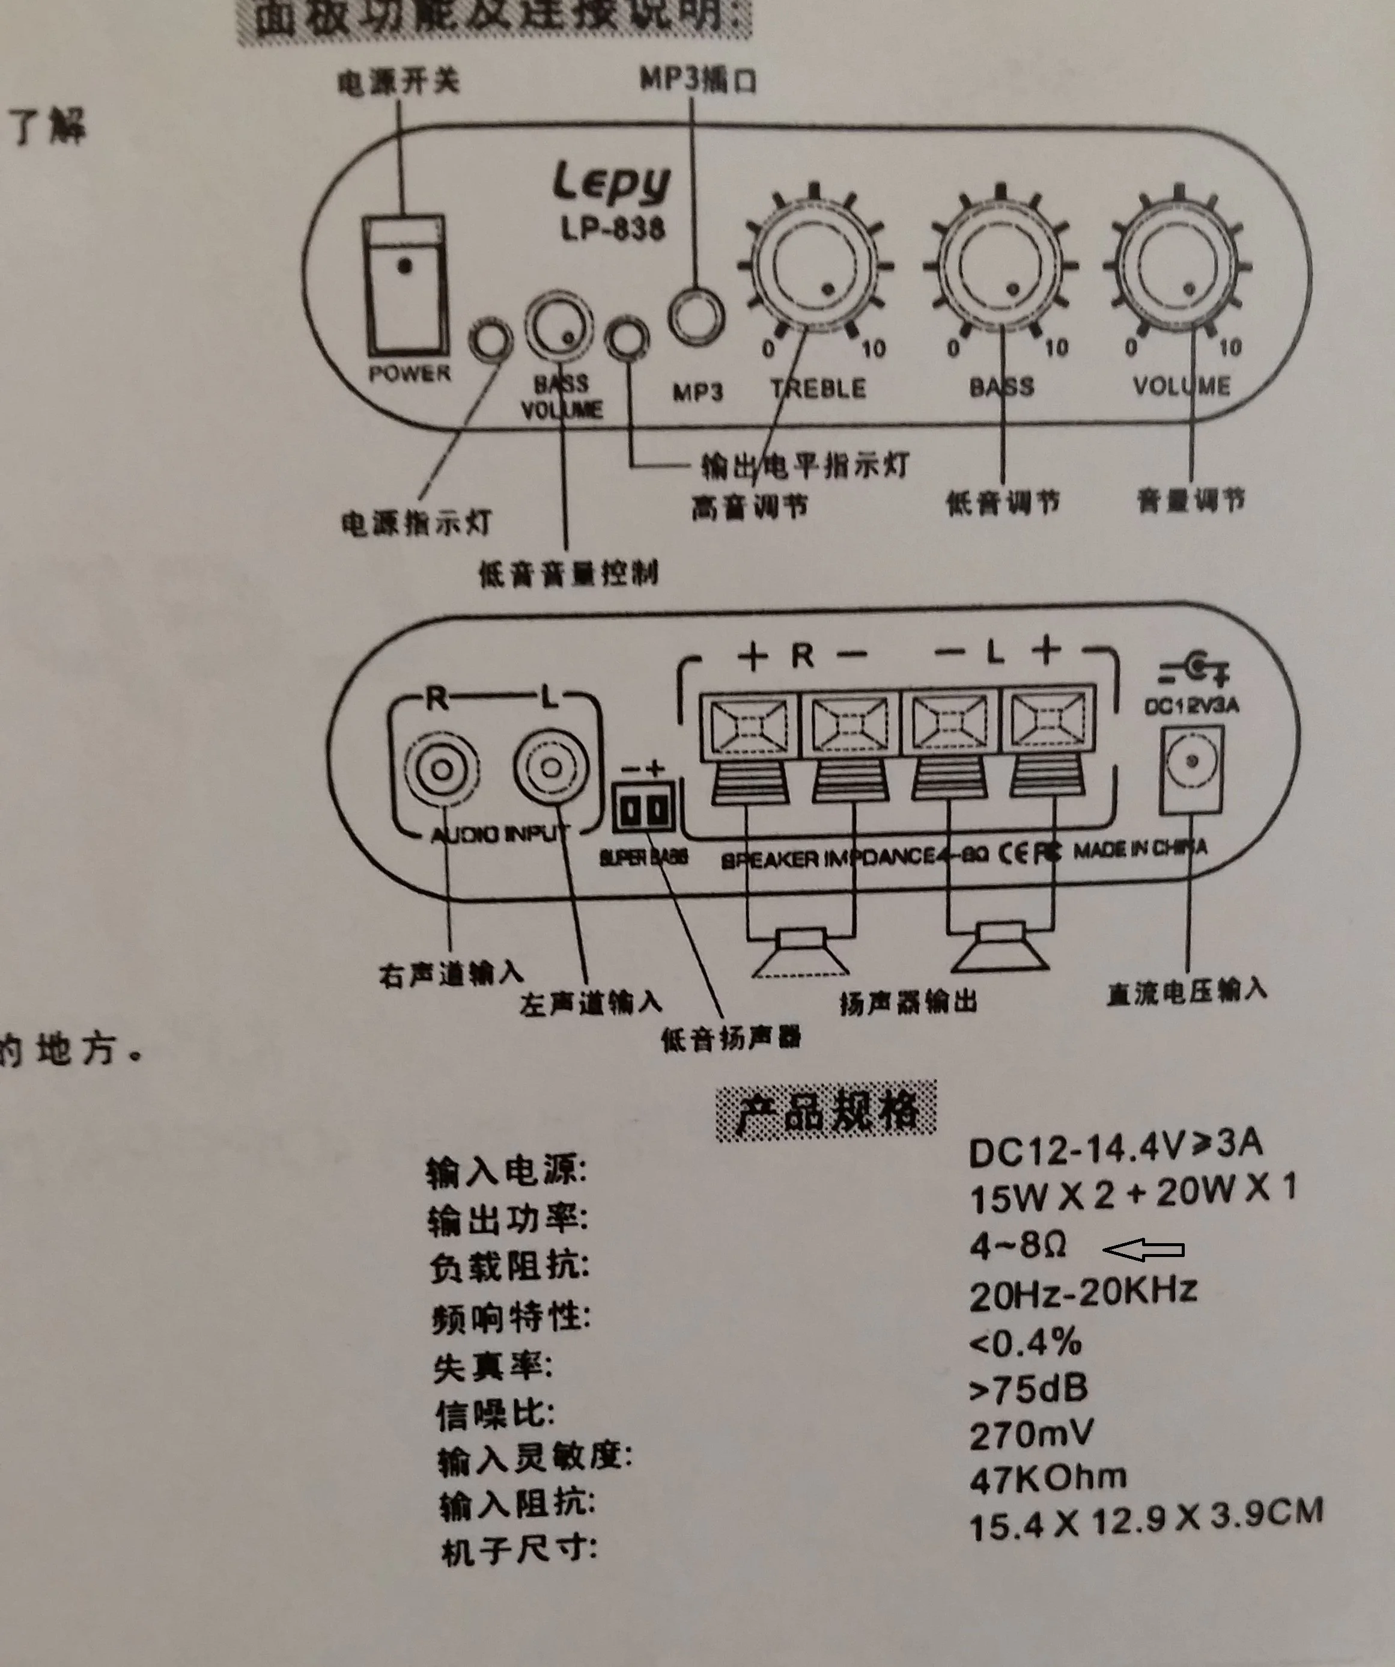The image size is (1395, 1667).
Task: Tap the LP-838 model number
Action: [613, 230]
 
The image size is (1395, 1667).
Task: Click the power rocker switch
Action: [406, 287]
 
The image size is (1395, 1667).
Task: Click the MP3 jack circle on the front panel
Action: [696, 317]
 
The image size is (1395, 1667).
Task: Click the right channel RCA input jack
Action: [442, 768]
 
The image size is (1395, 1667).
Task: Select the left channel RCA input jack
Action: [552, 768]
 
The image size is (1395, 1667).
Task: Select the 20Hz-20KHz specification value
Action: [1083, 1294]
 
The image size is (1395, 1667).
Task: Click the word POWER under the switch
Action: [410, 373]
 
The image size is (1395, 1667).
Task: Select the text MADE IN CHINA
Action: [1140, 849]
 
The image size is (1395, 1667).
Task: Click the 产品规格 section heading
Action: [826, 1112]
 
